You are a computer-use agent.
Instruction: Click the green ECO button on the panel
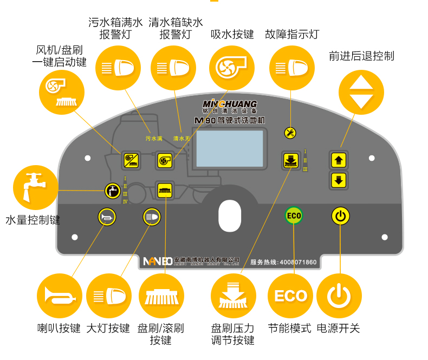click(x=294, y=216)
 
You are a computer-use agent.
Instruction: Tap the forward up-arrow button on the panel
click(x=339, y=160)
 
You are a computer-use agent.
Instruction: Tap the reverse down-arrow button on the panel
click(x=339, y=180)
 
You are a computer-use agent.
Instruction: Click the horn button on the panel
click(x=106, y=217)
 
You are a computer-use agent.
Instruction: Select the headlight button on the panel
click(x=151, y=217)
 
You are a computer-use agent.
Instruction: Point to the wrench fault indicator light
click(x=290, y=133)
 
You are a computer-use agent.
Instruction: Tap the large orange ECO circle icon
click(x=290, y=296)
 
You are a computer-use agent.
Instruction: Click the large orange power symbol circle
click(x=339, y=296)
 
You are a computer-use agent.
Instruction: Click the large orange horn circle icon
click(x=60, y=296)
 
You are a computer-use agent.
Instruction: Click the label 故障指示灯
click(x=292, y=35)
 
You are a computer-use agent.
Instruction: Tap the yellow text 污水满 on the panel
click(x=154, y=139)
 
